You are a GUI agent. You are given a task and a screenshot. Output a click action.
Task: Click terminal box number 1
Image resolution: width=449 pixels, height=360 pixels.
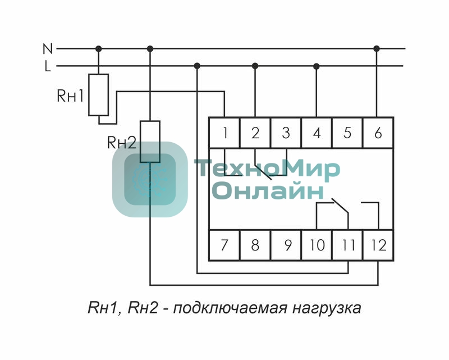point(224,133)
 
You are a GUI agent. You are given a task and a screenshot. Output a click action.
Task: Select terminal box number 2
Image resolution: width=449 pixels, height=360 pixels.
point(255,133)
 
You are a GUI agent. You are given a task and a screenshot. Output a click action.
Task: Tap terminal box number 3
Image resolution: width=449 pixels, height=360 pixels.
point(286,133)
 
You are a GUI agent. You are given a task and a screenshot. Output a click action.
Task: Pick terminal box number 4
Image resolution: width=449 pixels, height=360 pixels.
point(317,133)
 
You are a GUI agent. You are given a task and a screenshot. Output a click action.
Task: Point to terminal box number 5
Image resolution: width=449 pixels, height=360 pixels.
point(347,133)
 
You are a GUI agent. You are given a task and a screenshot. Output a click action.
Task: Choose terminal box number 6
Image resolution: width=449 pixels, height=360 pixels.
point(377,133)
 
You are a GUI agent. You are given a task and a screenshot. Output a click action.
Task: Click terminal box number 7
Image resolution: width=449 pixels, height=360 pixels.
point(224,245)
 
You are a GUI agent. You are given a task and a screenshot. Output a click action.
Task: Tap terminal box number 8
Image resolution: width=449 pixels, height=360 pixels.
point(255,245)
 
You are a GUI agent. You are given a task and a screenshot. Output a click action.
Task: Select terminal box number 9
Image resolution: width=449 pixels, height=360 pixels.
point(286,245)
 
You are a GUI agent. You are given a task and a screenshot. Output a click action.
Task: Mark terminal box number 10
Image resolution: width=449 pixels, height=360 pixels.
point(317,245)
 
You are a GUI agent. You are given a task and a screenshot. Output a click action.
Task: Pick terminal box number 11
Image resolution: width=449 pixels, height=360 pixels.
point(348,245)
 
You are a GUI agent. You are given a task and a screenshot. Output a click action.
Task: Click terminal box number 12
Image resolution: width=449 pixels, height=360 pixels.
point(378,245)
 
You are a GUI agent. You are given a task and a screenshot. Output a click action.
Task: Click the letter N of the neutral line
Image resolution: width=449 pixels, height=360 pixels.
point(48,49)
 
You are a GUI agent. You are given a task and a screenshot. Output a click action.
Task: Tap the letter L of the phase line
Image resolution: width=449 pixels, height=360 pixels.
point(48,66)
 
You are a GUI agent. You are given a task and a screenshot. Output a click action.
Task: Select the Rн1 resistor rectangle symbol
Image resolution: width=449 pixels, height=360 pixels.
point(99,94)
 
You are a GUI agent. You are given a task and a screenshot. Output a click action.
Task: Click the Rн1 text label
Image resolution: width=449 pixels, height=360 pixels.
point(70,95)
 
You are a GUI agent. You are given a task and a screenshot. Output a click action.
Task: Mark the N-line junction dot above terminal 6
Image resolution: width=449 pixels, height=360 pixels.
point(377,49)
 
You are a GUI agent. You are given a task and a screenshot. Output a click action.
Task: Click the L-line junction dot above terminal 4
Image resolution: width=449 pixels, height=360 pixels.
point(316,66)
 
